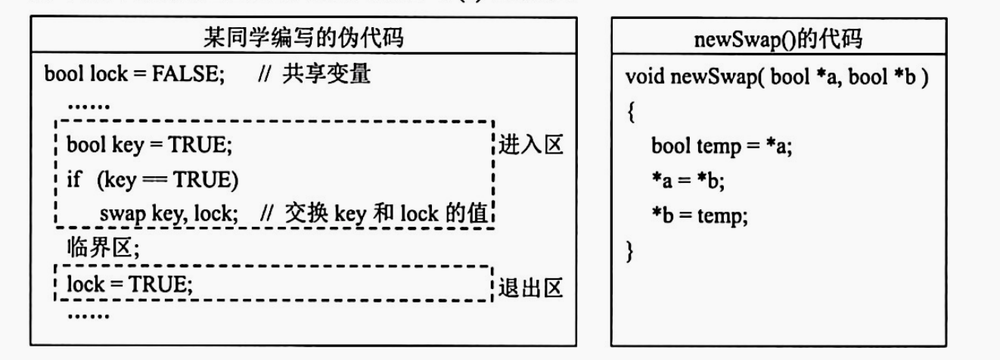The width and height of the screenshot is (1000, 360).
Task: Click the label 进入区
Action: click(530, 145)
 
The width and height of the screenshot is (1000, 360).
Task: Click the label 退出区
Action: click(530, 289)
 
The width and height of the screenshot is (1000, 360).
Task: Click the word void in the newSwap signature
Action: click(644, 77)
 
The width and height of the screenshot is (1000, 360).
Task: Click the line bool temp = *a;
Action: click(722, 147)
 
